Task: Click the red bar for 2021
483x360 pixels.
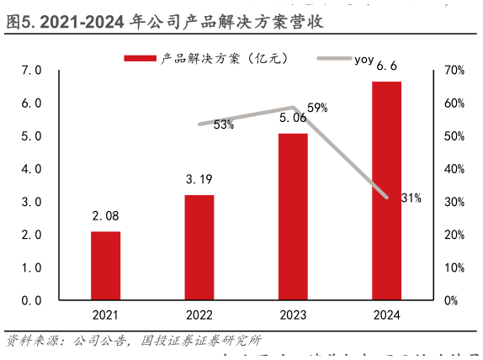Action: tap(105, 265)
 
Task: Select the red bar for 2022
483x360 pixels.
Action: tap(199, 247)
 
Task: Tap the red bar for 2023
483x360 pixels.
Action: tap(293, 216)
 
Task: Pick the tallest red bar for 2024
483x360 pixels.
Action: tap(387, 191)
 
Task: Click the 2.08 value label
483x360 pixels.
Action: tap(105, 217)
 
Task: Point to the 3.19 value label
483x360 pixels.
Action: tap(199, 180)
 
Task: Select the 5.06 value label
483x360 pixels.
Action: tap(293, 119)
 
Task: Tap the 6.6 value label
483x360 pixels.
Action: tap(387, 66)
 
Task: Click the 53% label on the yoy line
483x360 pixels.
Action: tap(224, 124)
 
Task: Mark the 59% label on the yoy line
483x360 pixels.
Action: tap(317, 108)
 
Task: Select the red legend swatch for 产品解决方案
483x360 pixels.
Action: tap(140, 58)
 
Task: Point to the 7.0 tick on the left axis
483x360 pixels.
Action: tap(32, 71)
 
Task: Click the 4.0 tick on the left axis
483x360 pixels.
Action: tap(32, 169)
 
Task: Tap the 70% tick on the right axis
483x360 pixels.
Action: tap(454, 71)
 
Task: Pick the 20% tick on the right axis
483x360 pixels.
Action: tap(454, 235)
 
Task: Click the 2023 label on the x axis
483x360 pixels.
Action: tap(293, 315)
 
